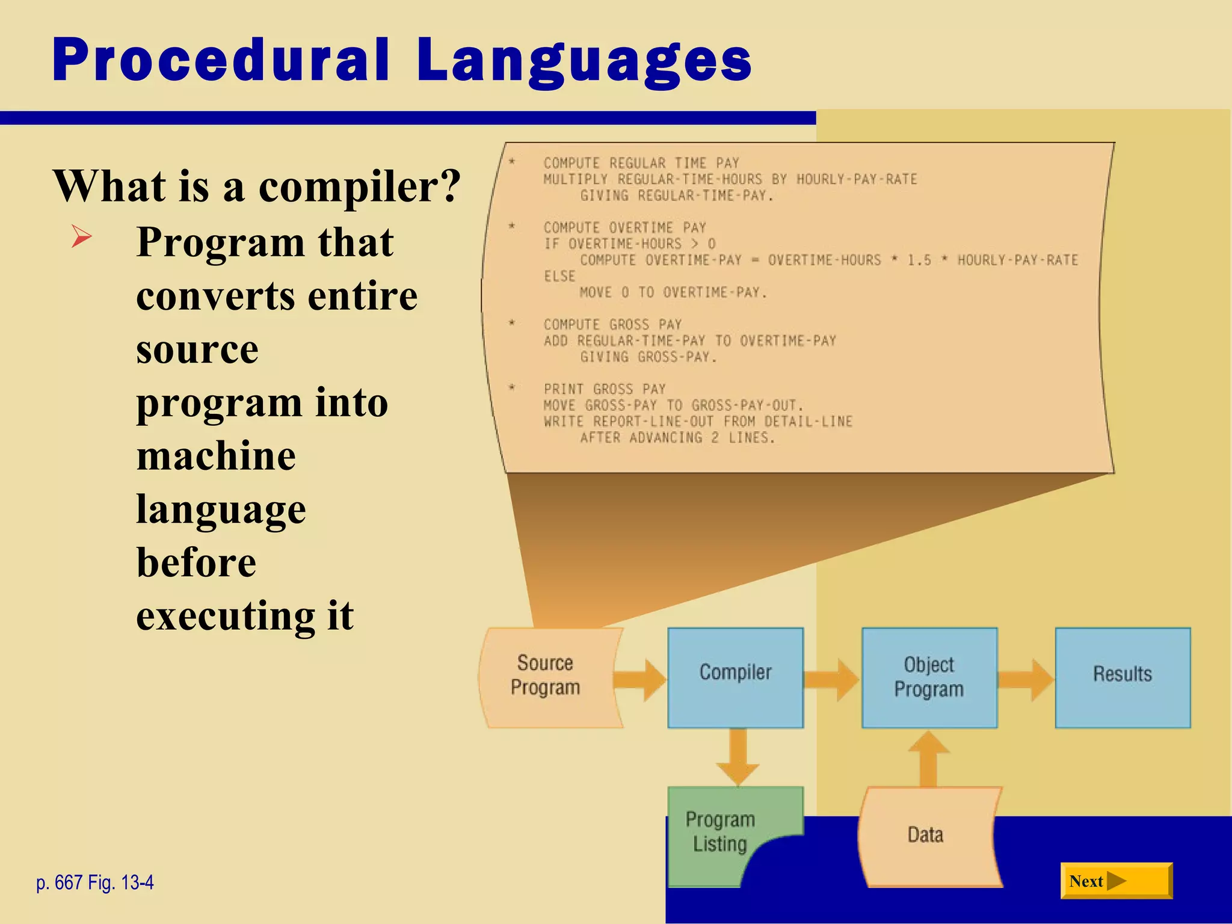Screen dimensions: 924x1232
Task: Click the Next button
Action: pyautogui.click(x=1116, y=881)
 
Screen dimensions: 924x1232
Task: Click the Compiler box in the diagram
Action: pyautogui.click(x=735, y=678)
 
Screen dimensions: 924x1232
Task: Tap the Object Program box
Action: pyautogui.click(x=929, y=678)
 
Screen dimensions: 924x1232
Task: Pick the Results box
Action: pyautogui.click(x=1123, y=678)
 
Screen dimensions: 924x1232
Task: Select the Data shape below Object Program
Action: pyautogui.click(x=926, y=836)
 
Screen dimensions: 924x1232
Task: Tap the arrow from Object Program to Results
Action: pyautogui.click(x=1026, y=680)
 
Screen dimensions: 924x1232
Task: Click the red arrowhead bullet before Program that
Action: pyautogui.click(x=81, y=236)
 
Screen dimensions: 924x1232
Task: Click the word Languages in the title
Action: pyautogui.click(x=584, y=61)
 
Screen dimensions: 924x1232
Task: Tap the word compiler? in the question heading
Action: pyautogui.click(x=359, y=186)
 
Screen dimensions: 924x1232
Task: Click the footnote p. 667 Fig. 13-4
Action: pyautogui.click(x=95, y=882)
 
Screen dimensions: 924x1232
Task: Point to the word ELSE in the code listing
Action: pyautogui.click(x=559, y=276)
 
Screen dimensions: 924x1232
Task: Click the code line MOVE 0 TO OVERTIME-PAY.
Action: pyautogui.click(x=673, y=293)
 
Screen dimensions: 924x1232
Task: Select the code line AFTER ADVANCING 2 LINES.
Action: pyautogui.click(x=677, y=438)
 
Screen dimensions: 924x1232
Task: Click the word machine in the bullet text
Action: pyautogui.click(x=216, y=456)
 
